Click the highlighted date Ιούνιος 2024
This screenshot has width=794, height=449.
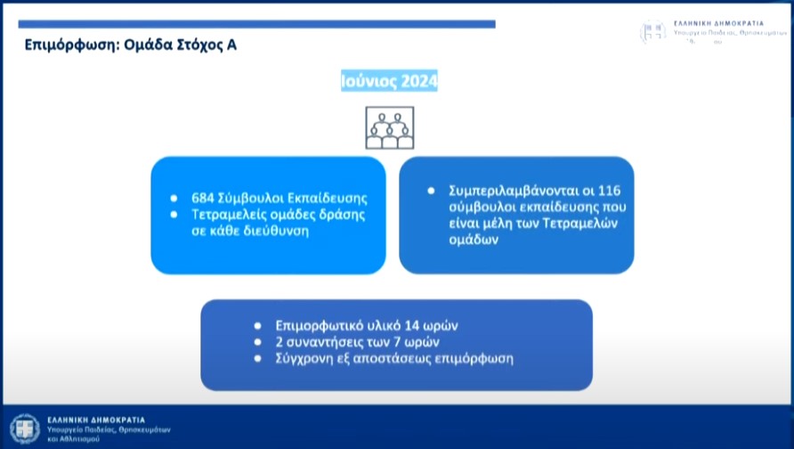[389, 81]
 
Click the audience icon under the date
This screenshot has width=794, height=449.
[390, 127]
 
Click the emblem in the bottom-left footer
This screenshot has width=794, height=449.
[25, 429]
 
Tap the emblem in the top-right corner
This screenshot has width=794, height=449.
[653, 31]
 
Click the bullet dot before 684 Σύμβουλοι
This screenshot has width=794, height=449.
[175, 198]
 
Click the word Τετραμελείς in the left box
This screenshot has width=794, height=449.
[229, 215]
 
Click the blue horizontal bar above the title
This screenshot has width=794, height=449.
[258, 24]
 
